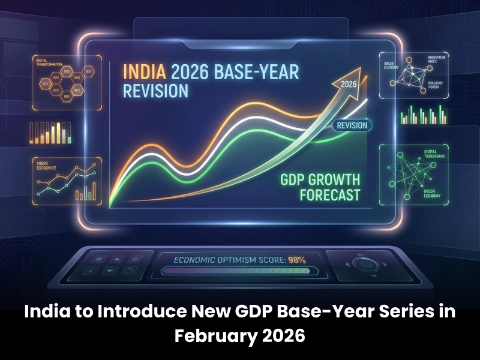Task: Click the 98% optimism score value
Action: (298, 260)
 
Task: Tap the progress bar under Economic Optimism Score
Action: (240, 271)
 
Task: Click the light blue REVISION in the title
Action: (155, 92)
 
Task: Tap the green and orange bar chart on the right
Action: (424, 114)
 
